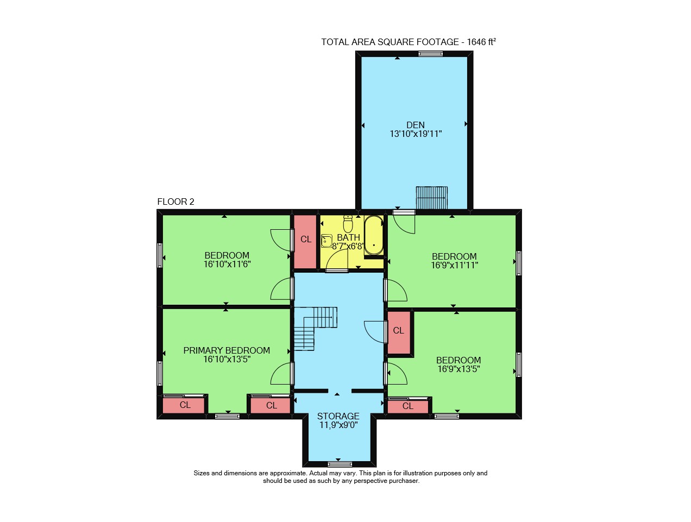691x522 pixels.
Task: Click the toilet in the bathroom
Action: [348, 223]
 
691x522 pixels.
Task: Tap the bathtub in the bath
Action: [373, 235]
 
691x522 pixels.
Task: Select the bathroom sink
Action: [327, 241]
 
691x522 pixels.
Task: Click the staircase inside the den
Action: [431, 198]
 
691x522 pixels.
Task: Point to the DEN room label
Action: [415, 125]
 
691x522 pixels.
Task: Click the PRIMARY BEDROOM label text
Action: [227, 350]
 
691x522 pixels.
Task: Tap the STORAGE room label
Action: [338, 416]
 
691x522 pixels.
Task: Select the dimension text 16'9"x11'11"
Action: [454, 265]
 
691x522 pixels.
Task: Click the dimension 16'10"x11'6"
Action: [227, 264]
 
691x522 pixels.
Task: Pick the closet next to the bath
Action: [305, 242]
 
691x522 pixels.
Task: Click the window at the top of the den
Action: [430, 54]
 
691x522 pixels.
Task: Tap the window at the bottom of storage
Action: [340, 464]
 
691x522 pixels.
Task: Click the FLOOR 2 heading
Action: [175, 202]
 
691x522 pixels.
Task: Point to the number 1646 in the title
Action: [476, 42]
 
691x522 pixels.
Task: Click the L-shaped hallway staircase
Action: [315, 328]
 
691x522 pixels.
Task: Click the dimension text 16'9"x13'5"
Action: [458, 369]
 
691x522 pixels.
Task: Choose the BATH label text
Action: [349, 237]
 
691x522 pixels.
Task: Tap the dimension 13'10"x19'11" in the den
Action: [416, 134]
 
